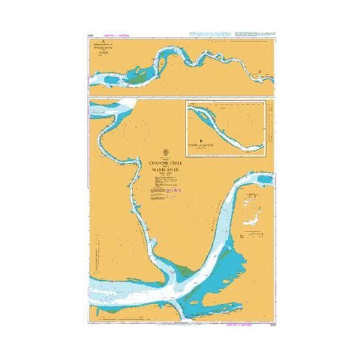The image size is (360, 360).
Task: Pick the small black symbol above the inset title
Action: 202,140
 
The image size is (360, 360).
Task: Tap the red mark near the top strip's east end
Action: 260,73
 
